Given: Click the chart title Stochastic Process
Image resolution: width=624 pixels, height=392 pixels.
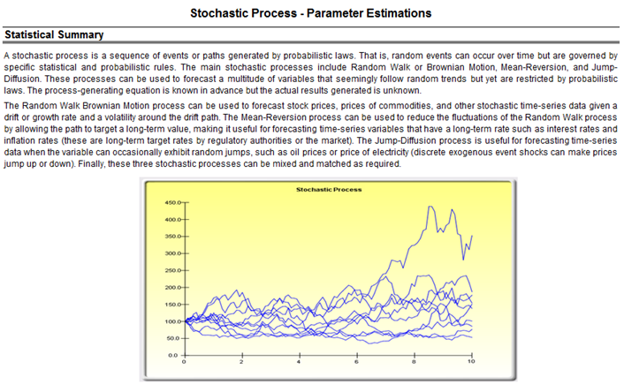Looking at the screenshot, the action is [329, 190].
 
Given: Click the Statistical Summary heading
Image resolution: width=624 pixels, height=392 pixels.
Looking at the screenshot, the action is [54, 35].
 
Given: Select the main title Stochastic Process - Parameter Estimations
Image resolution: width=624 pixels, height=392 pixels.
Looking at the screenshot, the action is [311, 13].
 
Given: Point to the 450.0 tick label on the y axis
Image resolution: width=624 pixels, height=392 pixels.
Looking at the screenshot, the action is [173, 203].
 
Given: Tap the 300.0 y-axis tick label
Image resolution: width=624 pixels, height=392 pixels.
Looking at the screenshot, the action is [173, 253].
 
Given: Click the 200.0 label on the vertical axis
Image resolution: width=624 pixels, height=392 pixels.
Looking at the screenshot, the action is [173, 288].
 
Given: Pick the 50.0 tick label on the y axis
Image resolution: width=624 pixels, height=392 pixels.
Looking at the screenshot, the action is [174, 338].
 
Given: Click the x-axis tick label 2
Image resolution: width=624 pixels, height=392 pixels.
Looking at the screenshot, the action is [241, 362].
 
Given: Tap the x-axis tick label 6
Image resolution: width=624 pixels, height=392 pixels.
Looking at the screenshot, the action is [356, 362].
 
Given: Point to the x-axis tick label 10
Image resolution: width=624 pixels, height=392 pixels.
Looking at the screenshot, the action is [471, 362].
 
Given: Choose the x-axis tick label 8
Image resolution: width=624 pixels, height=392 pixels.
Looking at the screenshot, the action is [414, 362].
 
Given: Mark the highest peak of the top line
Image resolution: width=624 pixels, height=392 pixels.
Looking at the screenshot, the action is [430, 207].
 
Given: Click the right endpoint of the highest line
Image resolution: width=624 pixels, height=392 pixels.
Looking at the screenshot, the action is [472, 236].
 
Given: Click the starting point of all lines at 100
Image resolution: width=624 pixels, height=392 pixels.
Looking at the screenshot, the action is [186, 321].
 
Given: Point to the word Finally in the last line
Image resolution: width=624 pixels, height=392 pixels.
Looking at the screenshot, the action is [92, 164].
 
